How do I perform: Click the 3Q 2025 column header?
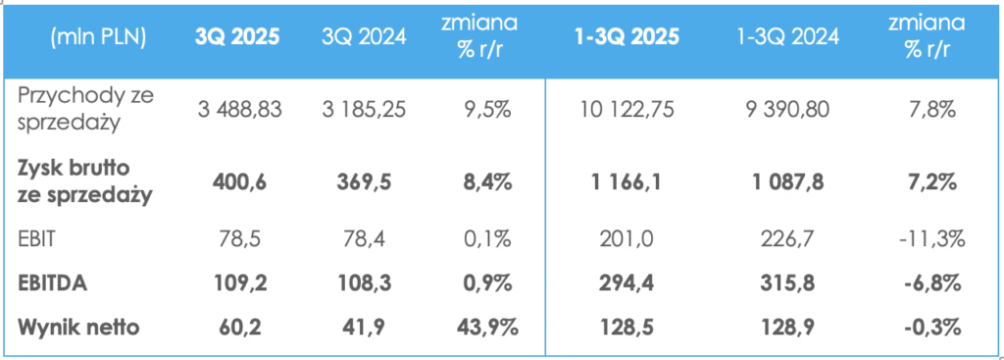coord(235,38)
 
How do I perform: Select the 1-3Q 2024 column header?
coord(788,38)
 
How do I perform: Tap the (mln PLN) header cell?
coord(97,38)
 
